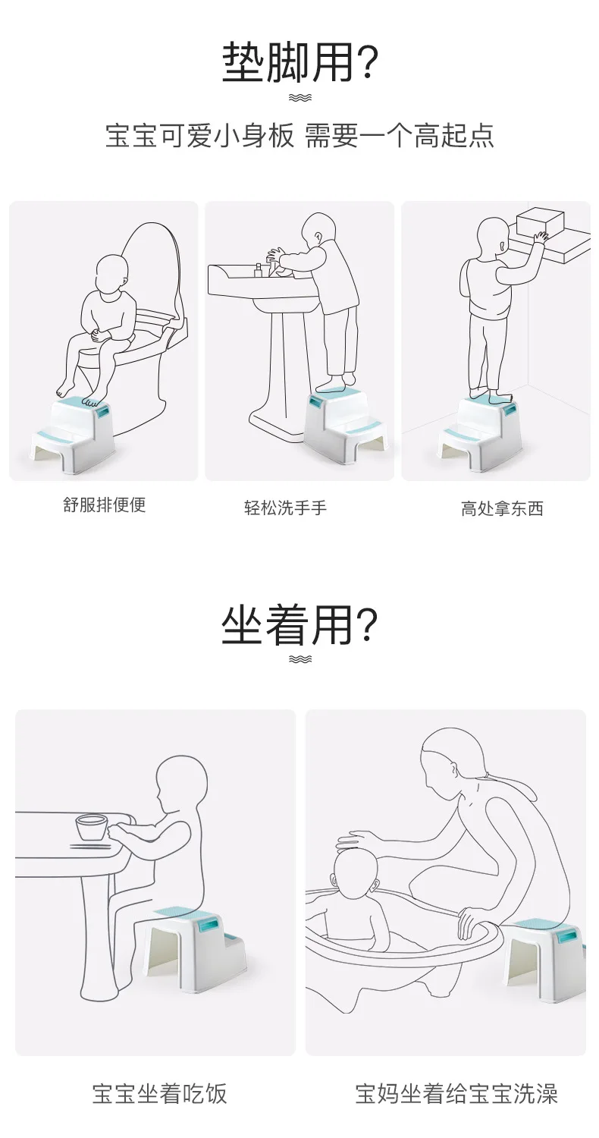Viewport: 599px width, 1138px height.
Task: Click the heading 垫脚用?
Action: point(300,62)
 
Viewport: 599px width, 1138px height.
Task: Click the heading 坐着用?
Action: point(299,625)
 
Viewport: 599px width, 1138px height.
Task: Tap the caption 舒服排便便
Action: point(104,505)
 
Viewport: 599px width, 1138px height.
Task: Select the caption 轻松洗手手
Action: point(285,508)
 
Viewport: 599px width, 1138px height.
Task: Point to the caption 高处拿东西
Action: point(502,508)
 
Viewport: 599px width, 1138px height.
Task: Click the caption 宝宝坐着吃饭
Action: point(159,1093)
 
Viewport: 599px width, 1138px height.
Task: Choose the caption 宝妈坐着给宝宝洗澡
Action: point(456,1093)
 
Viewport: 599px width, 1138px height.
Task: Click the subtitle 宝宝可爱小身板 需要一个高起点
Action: point(299,136)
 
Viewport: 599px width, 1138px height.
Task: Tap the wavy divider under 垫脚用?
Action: point(299,98)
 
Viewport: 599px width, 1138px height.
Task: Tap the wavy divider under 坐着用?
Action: point(299,659)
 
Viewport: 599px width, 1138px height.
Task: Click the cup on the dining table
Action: point(92,828)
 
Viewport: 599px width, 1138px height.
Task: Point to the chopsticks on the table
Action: point(90,847)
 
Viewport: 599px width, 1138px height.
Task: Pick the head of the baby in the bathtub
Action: point(354,876)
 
